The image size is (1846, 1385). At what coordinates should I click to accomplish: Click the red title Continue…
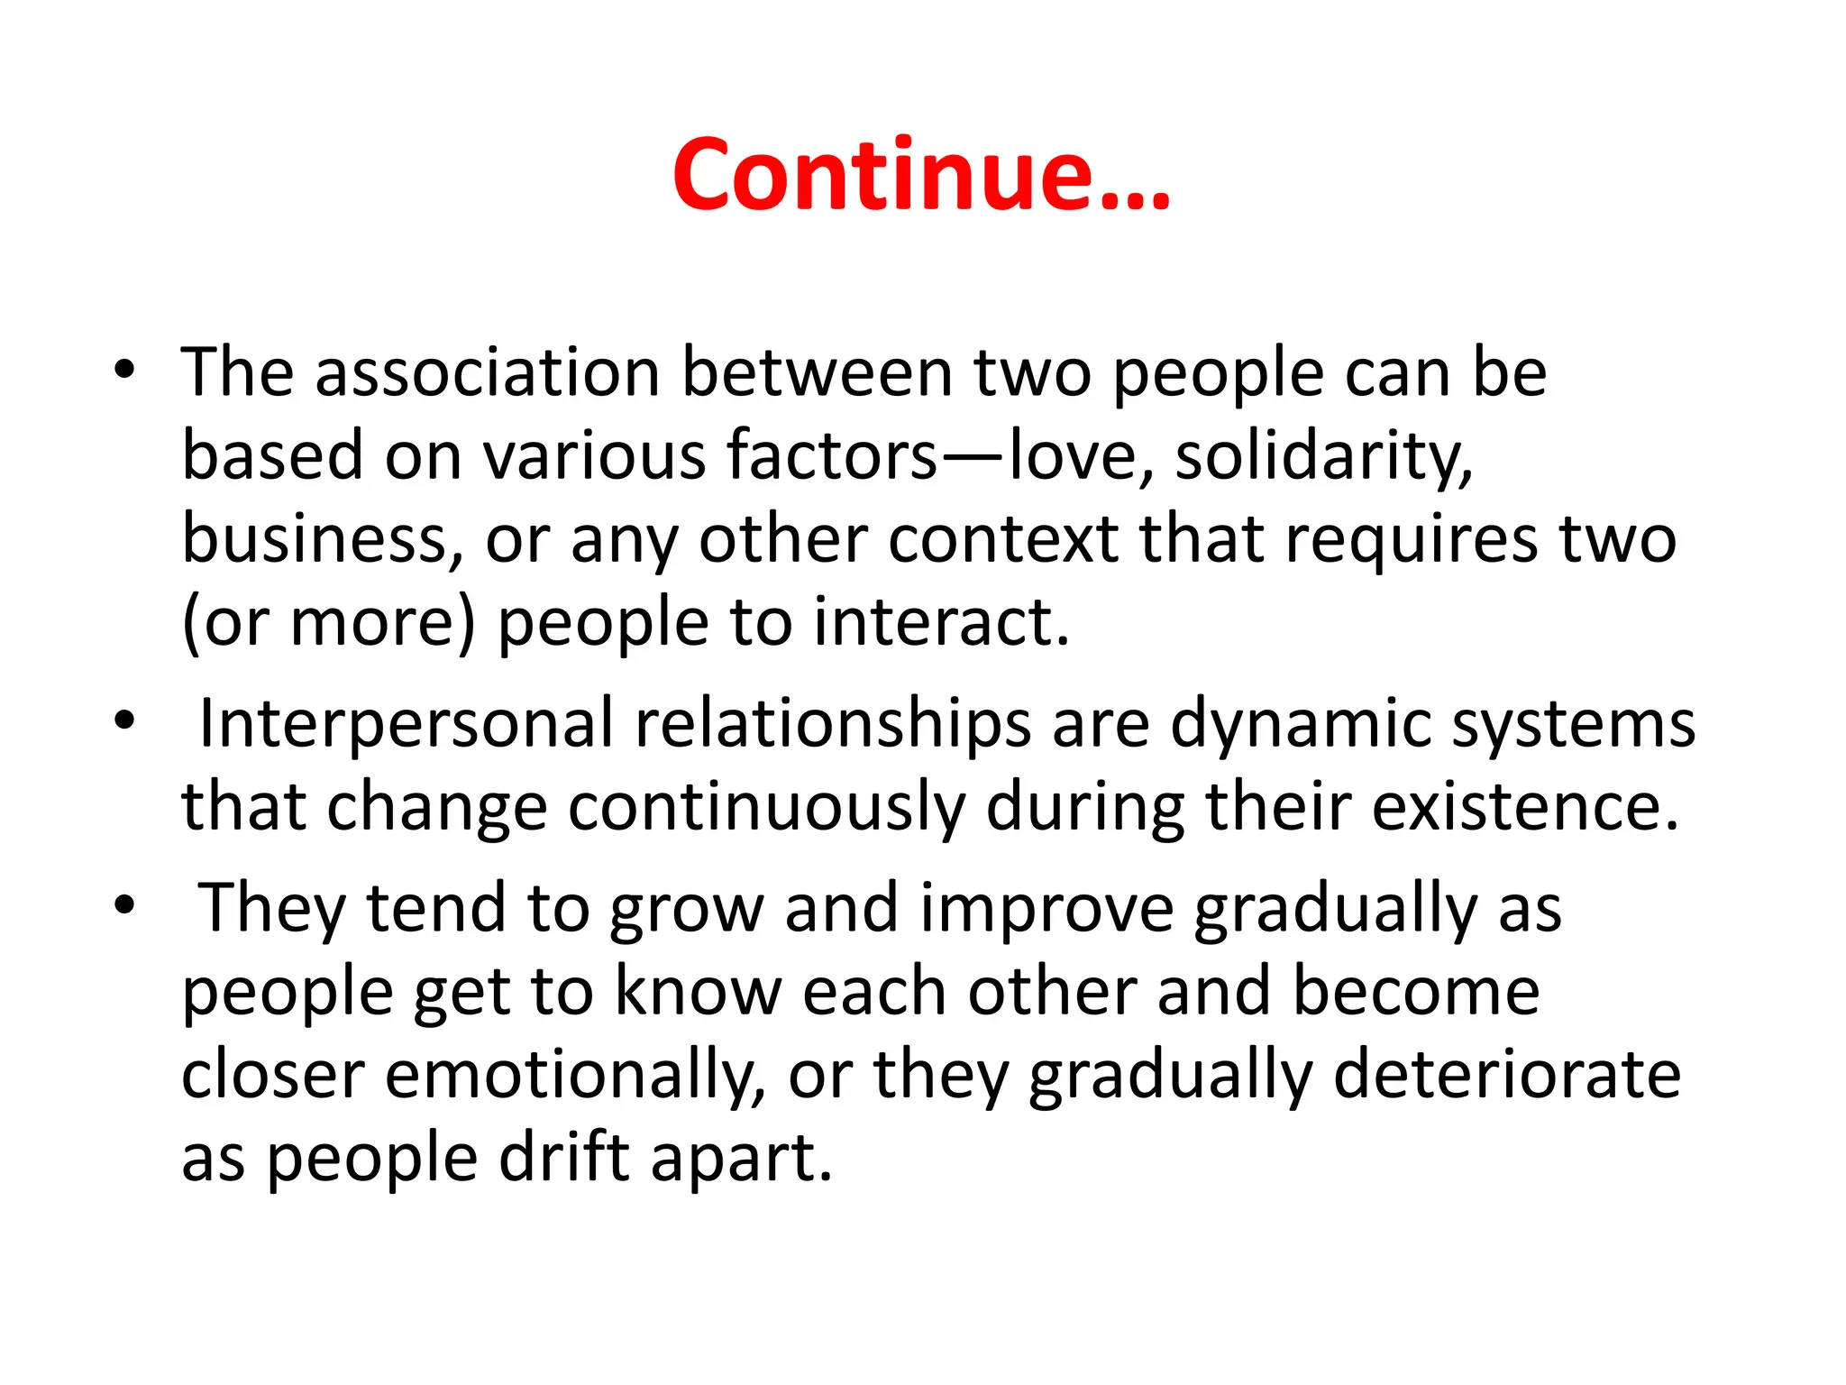(921, 175)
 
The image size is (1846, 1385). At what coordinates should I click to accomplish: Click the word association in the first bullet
(488, 372)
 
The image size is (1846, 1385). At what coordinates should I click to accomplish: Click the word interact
(941, 622)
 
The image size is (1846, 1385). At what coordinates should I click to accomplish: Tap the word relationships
(833, 724)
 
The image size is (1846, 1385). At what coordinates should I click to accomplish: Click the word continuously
(766, 807)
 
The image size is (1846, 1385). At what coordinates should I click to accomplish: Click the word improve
(1046, 909)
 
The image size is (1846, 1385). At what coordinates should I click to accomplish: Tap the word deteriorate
(1506, 1075)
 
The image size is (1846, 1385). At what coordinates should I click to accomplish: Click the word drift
(564, 1158)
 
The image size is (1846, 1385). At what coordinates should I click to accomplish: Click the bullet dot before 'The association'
(124, 370)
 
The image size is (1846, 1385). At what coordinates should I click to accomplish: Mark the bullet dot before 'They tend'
(124, 904)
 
